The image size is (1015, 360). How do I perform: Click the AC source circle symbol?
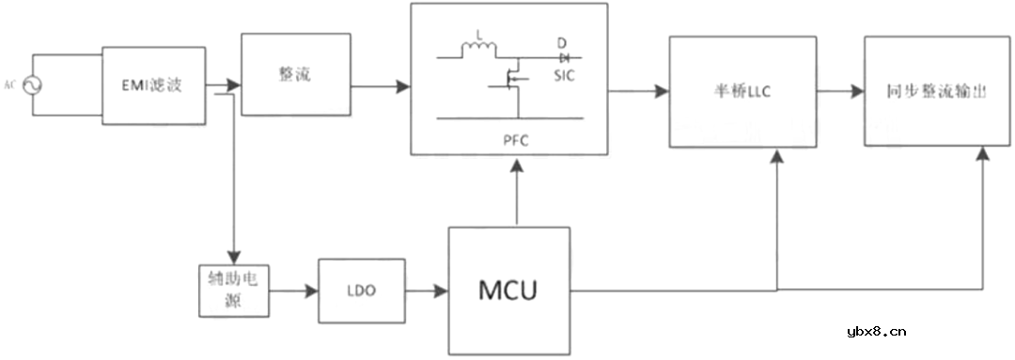click(32, 86)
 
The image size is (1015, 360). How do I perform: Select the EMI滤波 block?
click(152, 86)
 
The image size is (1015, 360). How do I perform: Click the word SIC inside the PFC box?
click(564, 75)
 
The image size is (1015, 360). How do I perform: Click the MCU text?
click(508, 290)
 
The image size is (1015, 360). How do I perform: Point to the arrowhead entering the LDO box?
click(313, 291)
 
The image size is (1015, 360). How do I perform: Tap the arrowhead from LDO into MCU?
click(441, 291)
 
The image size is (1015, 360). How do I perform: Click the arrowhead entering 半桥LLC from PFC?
click(663, 91)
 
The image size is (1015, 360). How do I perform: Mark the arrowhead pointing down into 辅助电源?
click(234, 257)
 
